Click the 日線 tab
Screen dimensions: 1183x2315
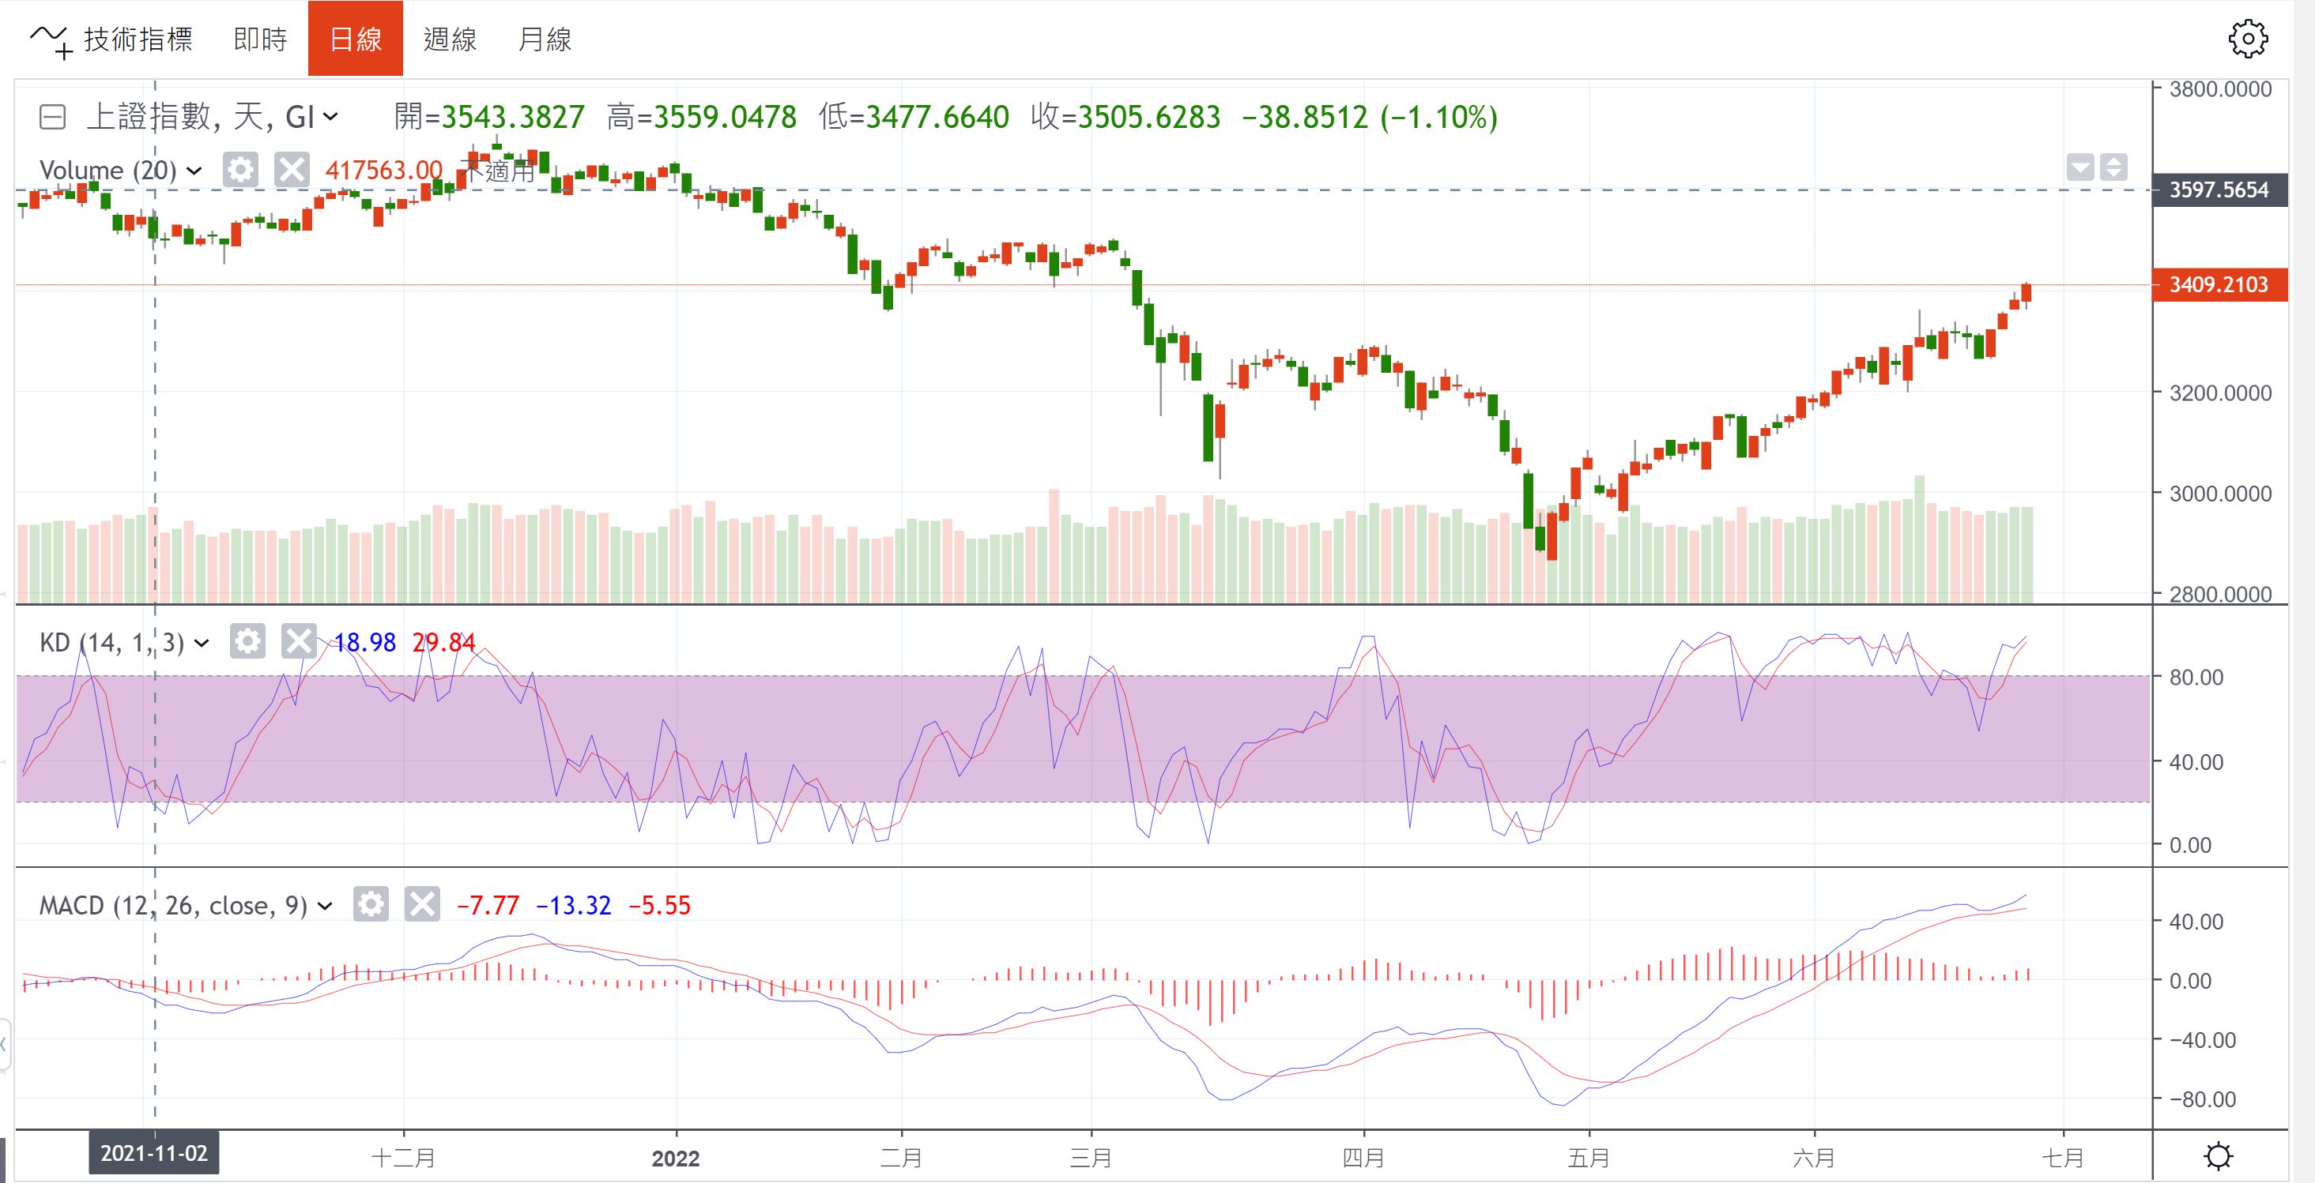tap(355, 39)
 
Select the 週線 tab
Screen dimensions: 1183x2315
tap(450, 39)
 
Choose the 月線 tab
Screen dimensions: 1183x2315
tap(545, 39)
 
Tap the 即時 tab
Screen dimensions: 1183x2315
tap(260, 39)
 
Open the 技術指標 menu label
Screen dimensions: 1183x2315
tap(138, 39)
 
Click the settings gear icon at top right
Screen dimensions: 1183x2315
tap(2248, 39)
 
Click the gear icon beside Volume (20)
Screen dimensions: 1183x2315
tap(240, 170)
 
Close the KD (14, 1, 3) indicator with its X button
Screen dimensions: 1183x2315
tap(298, 641)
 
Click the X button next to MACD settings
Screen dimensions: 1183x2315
tap(421, 903)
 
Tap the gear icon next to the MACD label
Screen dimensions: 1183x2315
tap(370, 903)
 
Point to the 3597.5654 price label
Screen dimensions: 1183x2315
tap(2219, 190)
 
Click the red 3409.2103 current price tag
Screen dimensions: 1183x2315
tap(2219, 285)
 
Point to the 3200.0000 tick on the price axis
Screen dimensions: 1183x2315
tap(2219, 392)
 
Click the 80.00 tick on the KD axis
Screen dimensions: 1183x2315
tap(2196, 678)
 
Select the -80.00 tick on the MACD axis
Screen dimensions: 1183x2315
tap(2202, 1099)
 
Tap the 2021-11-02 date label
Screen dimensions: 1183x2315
tap(153, 1153)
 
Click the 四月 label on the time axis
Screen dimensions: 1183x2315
tap(1363, 1158)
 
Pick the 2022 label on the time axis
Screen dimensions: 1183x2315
tap(676, 1158)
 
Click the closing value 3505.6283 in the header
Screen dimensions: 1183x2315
tap(1148, 117)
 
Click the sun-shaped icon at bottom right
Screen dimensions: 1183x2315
tap(2218, 1155)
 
